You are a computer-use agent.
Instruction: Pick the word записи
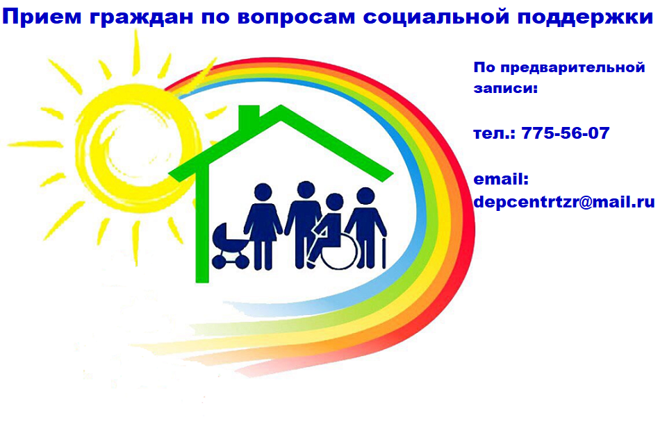click(x=504, y=88)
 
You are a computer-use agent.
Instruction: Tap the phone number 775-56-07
click(x=566, y=133)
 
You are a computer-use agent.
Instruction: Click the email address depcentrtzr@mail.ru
click(x=564, y=202)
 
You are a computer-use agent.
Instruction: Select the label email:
click(x=501, y=179)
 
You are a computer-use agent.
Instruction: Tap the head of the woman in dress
click(x=263, y=192)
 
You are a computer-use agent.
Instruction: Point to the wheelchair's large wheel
click(x=340, y=253)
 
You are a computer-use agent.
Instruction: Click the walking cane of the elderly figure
click(x=384, y=253)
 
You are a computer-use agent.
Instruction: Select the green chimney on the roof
click(x=249, y=116)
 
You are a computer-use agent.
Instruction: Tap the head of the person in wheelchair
click(x=334, y=202)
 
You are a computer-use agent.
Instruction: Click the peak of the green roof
click(x=281, y=106)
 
